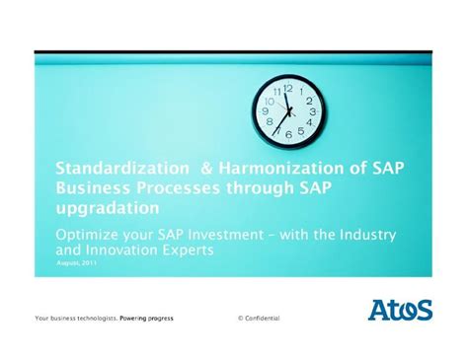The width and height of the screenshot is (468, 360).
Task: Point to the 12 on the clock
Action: [288, 89]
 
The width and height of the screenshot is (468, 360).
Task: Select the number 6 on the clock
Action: [288, 134]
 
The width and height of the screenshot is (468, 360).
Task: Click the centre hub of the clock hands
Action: [288, 111]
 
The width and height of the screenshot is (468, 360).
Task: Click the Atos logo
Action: [400, 310]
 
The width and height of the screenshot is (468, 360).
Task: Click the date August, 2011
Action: [76, 263]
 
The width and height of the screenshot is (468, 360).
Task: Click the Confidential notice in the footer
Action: [259, 319]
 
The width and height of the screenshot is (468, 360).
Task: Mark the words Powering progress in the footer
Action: [153, 319]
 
